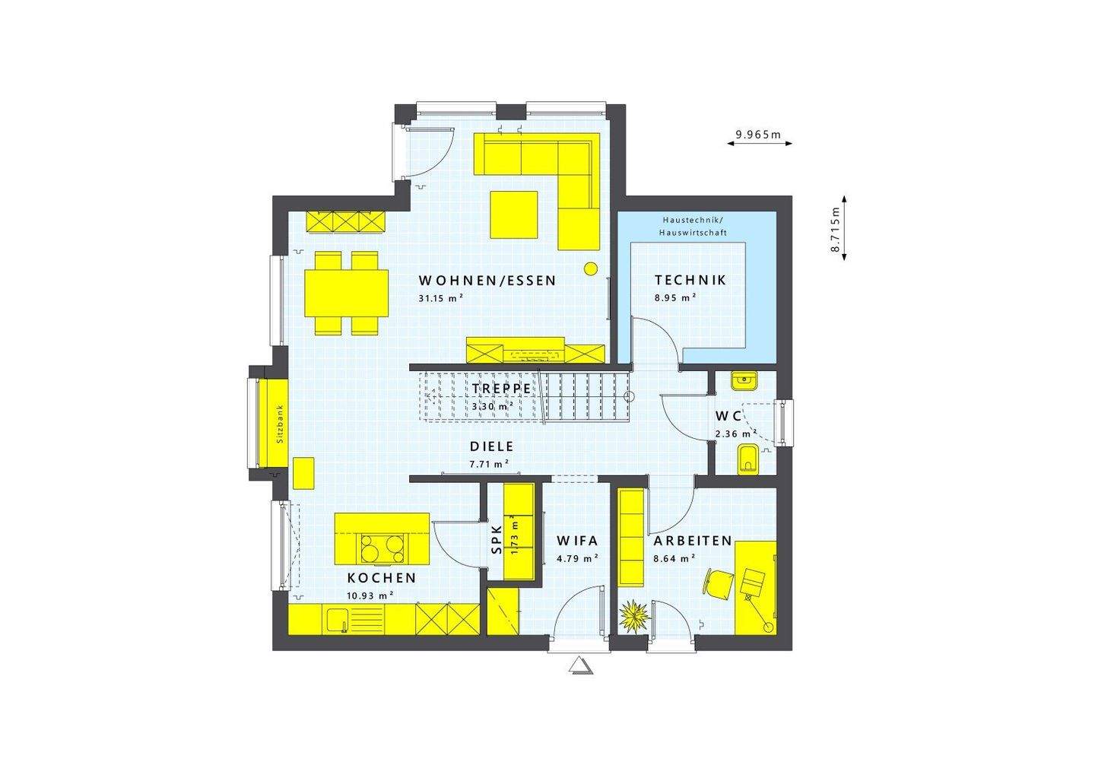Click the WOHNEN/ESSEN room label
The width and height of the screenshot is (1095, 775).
click(x=487, y=281)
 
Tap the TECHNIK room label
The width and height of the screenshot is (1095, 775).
click(x=690, y=280)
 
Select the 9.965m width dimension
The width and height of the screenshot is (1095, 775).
click(x=758, y=135)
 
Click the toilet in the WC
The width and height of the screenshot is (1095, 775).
click(x=747, y=459)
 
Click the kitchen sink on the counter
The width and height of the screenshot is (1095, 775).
click(x=336, y=620)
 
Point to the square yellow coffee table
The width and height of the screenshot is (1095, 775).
click(x=514, y=214)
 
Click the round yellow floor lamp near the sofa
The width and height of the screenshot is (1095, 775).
click(x=590, y=268)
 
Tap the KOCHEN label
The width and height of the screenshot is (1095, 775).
click(x=382, y=578)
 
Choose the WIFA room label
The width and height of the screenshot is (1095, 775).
click(x=577, y=542)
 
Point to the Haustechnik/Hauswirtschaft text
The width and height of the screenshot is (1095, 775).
click(x=693, y=225)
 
